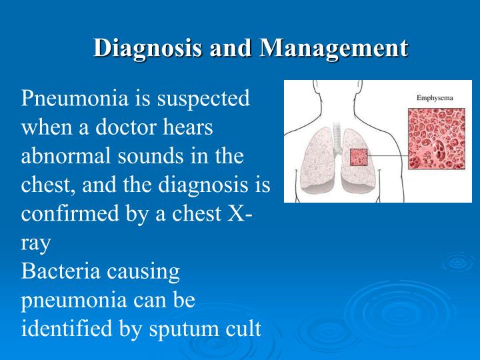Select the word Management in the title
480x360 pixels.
point(333,48)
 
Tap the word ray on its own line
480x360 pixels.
point(35,243)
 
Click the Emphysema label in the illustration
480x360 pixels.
point(435,98)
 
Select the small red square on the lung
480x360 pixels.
point(359,157)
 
